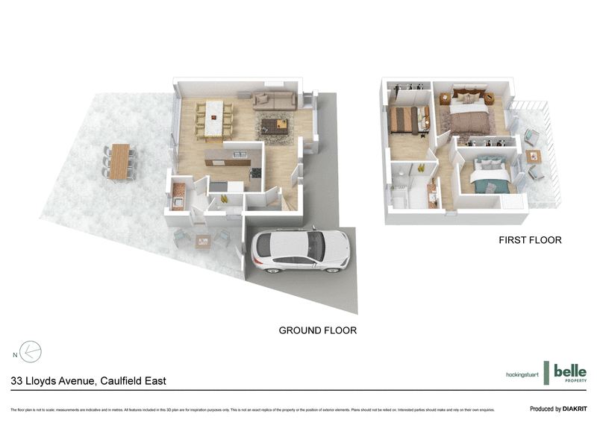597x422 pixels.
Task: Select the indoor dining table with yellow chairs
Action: (x=214, y=120)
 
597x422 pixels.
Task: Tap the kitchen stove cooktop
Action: (x=255, y=173)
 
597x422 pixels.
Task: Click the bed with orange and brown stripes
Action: (x=407, y=119)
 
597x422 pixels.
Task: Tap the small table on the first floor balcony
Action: (x=533, y=156)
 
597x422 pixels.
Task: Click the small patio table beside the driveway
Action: (x=202, y=240)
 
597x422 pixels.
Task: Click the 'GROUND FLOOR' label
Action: (x=317, y=330)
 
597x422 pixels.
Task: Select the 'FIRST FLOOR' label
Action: (x=531, y=241)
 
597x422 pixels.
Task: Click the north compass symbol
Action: (x=30, y=351)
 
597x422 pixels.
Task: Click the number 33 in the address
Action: (x=17, y=381)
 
